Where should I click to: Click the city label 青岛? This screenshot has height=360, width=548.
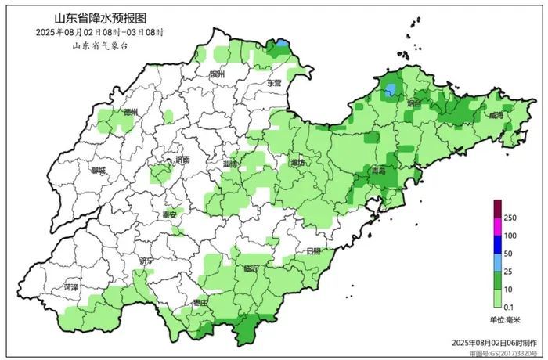[x=379, y=170]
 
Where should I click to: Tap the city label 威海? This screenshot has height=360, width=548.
[x=496, y=115]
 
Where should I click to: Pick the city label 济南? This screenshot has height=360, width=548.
[x=182, y=159]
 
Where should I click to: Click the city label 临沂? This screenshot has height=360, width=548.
[x=251, y=268]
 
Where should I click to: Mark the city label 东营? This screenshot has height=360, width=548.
[x=272, y=83]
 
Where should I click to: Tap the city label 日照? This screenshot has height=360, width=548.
[x=313, y=251]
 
